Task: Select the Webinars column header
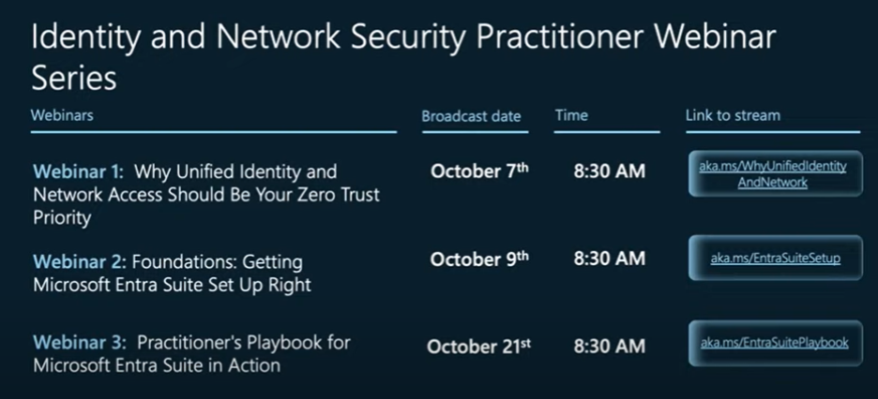(62, 116)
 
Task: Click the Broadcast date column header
(471, 116)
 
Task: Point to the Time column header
(571, 116)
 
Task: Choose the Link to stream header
(733, 116)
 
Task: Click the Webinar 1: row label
(79, 171)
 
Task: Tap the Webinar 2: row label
(80, 261)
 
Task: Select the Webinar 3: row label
(80, 342)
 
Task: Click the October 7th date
(479, 170)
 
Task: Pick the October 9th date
(479, 259)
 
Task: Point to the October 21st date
(478, 346)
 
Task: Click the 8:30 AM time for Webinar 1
(609, 171)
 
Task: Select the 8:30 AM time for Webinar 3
(609, 347)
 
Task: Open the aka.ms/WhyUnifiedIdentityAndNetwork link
(773, 174)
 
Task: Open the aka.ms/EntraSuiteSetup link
(776, 259)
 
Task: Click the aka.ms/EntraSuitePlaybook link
(775, 343)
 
